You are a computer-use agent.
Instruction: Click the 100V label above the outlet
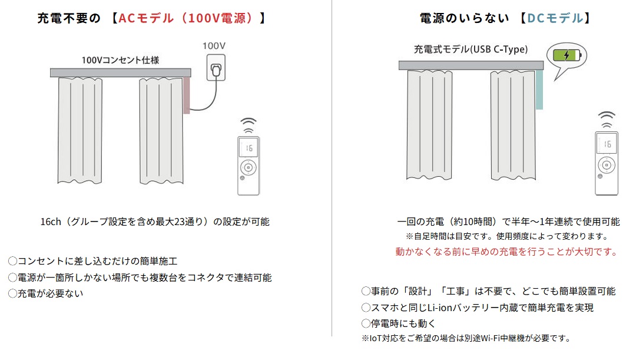[x=214, y=45]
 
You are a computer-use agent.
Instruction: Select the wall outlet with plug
[x=216, y=68]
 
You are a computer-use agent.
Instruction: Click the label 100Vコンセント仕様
[x=120, y=60]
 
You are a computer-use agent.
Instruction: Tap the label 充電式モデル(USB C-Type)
[x=471, y=49]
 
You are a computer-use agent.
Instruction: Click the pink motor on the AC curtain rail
[x=186, y=95]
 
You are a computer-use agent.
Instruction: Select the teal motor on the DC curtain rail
[x=539, y=90]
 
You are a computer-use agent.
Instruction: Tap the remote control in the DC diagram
[x=606, y=164]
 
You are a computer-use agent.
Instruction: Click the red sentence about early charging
[x=506, y=252]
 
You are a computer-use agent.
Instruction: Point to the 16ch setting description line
[x=155, y=222]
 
